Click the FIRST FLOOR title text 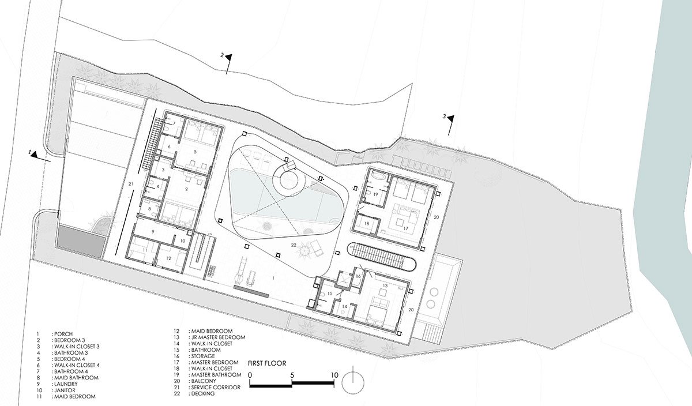click(x=267, y=363)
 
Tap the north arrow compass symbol click(x=353, y=382)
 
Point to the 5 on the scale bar click(x=292, y=375)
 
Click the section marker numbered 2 click(x=227, y=64)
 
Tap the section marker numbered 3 click(x=449, y=126)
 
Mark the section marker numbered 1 click(x=40, y=156)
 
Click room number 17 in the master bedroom click(x=405, y=228)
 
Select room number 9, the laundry click(x=153, y=231)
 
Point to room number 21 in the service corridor click(x=131, y=184)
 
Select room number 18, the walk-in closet click(x=367, y=223)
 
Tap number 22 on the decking click(x=294, y=245)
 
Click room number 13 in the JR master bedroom click(x=385, y=285)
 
